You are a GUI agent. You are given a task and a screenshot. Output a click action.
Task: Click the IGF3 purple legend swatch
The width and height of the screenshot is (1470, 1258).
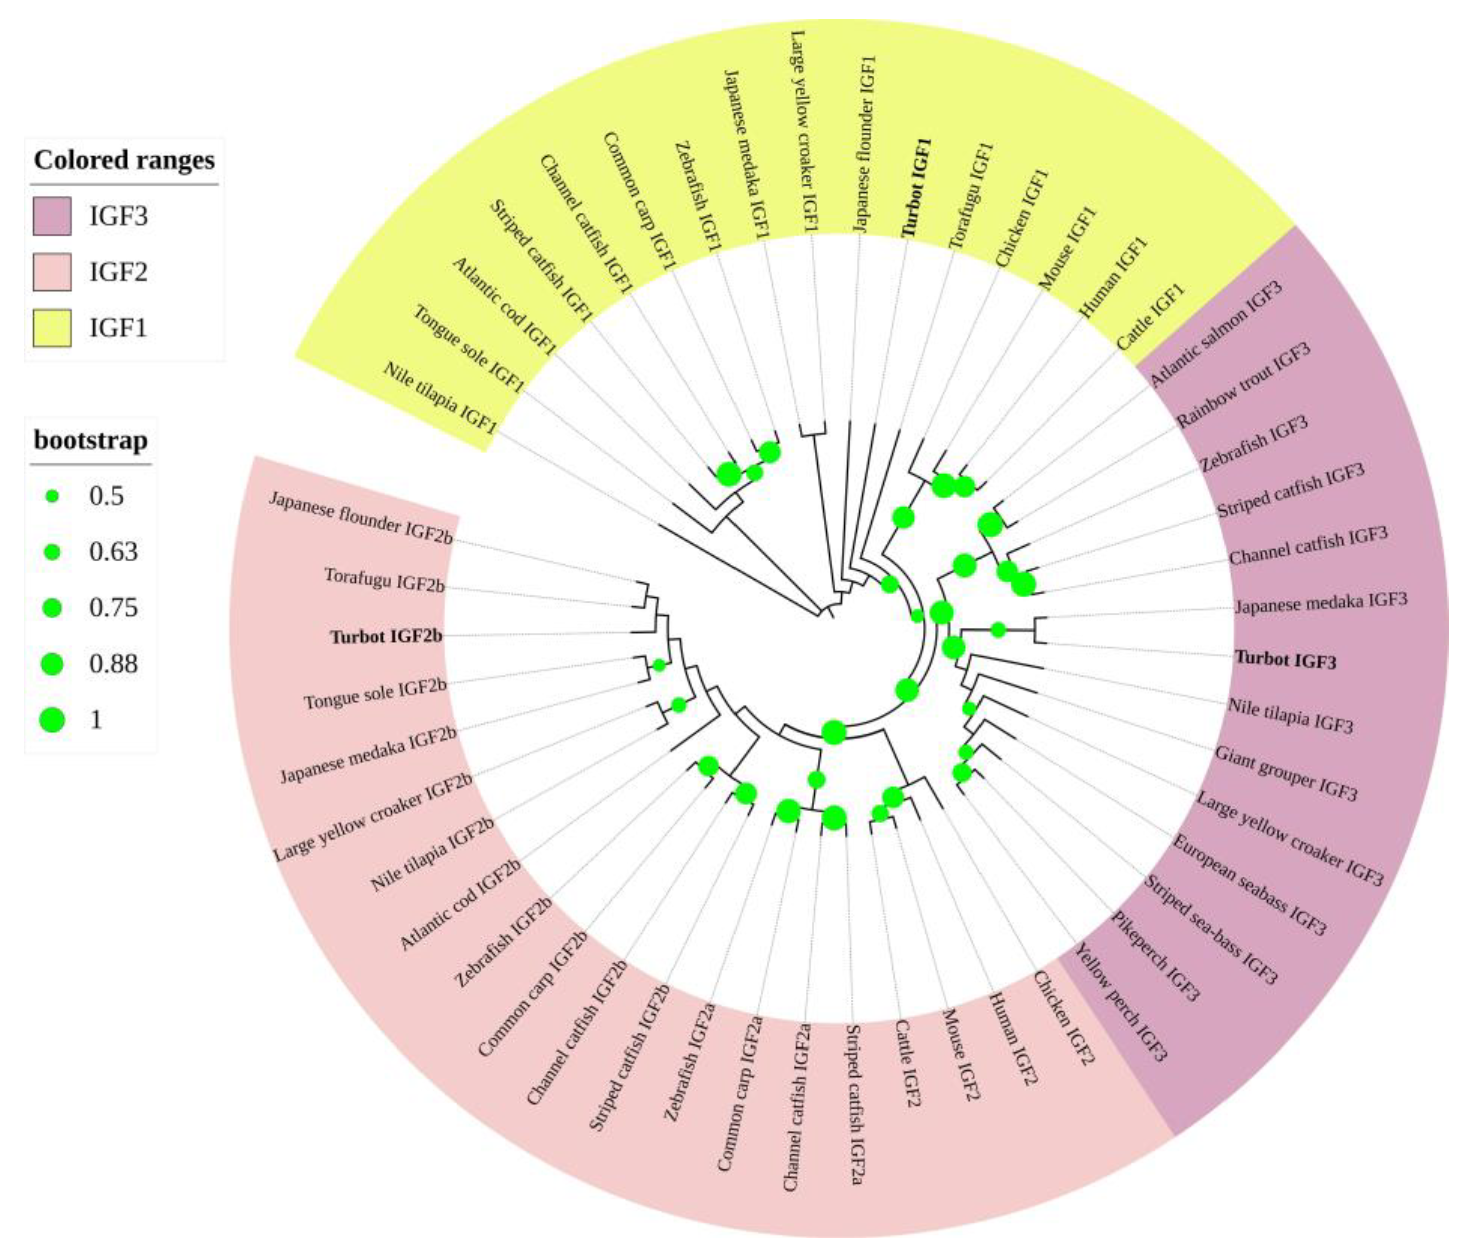coord(52,216)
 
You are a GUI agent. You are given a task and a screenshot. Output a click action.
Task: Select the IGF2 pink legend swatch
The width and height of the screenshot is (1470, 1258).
coord(52,272)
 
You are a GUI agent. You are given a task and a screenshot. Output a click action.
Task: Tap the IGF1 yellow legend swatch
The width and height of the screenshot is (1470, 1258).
coord(52,328)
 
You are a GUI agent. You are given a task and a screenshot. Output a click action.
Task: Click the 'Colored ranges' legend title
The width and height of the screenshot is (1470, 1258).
coord(124,160)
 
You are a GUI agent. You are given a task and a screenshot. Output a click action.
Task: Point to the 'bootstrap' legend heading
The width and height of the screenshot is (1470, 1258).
coord(91,440)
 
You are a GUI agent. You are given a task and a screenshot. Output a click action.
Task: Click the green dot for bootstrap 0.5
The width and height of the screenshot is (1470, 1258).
coord(52,497)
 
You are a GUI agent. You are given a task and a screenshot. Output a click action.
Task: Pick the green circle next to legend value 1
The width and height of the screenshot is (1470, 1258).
coord(52,719)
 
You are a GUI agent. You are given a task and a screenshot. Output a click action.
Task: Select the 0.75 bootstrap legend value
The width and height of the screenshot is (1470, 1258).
coord(114,608)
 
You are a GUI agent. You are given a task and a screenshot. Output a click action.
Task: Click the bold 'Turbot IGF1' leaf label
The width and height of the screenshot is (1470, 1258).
coord(917,187)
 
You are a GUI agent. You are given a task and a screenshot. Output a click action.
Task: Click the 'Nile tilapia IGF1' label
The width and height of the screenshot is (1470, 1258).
coord(439,398)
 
